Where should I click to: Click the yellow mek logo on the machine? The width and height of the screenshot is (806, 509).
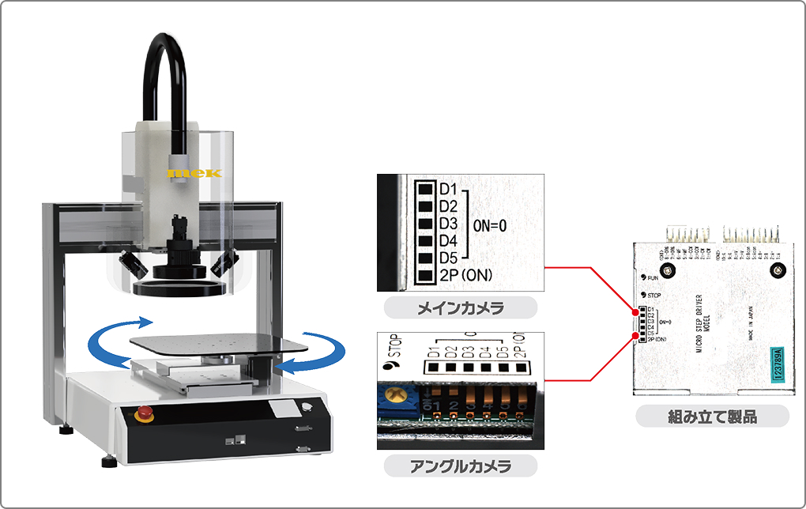coord(195,172)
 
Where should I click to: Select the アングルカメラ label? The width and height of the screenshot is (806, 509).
coord(460,466)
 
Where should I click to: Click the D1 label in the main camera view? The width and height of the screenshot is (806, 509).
coord(448,189)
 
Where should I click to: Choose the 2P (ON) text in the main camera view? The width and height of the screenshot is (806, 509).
coord(466,275)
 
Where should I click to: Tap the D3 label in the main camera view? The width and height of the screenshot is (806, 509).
coord(448,224)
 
